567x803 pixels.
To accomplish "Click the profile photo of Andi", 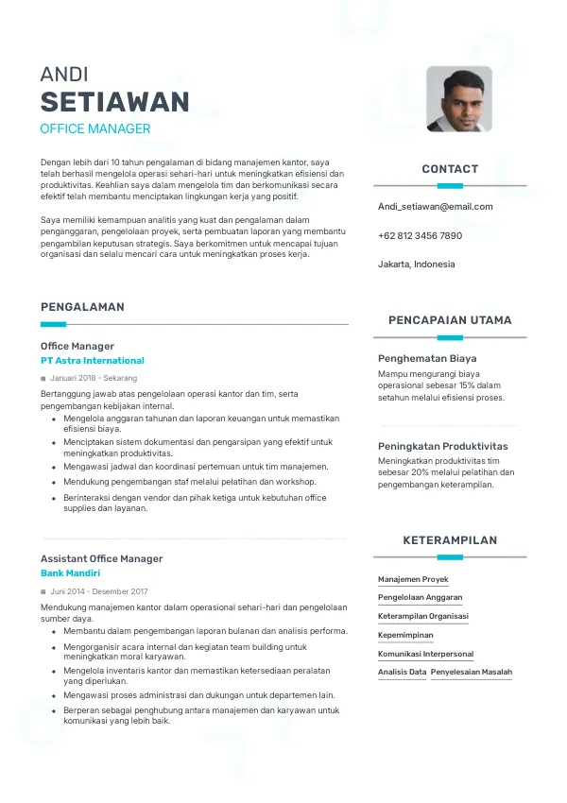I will click(x=459, y=99).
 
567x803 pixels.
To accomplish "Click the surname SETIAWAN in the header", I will click(x=114, y=102).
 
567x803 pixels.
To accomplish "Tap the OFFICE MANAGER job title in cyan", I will click(x=95, y=129).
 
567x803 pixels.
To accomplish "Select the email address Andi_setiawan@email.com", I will click(x=435, y=206).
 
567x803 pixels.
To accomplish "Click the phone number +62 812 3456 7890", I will click(x=420, y=235).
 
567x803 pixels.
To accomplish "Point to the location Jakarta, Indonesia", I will click(x=416, y=265).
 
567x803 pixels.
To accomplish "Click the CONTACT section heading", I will click(x=450, y=169).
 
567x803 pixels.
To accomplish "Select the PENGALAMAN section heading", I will click(x=82, y=307).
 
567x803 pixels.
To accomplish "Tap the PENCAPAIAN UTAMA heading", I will click(x=450, y=320).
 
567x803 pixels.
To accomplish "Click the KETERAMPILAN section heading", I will click(x=450, y=540).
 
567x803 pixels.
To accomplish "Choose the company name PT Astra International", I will click(x=93, y=361).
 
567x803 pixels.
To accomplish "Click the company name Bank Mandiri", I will click(x=70, y=573).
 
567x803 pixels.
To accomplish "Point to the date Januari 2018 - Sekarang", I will click(x=94, y=378).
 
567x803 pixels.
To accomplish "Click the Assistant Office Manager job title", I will click(x=101, y=558).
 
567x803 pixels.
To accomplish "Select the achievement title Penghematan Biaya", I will click(x=427, y=359).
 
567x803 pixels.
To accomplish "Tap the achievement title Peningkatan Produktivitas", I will click(x=442, y=446).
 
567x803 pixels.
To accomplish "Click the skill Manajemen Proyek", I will click(x=413, y=579).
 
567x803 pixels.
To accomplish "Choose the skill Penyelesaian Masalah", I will click(x=472, y=673).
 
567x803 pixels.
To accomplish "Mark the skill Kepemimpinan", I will click(x=405, y=636).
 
